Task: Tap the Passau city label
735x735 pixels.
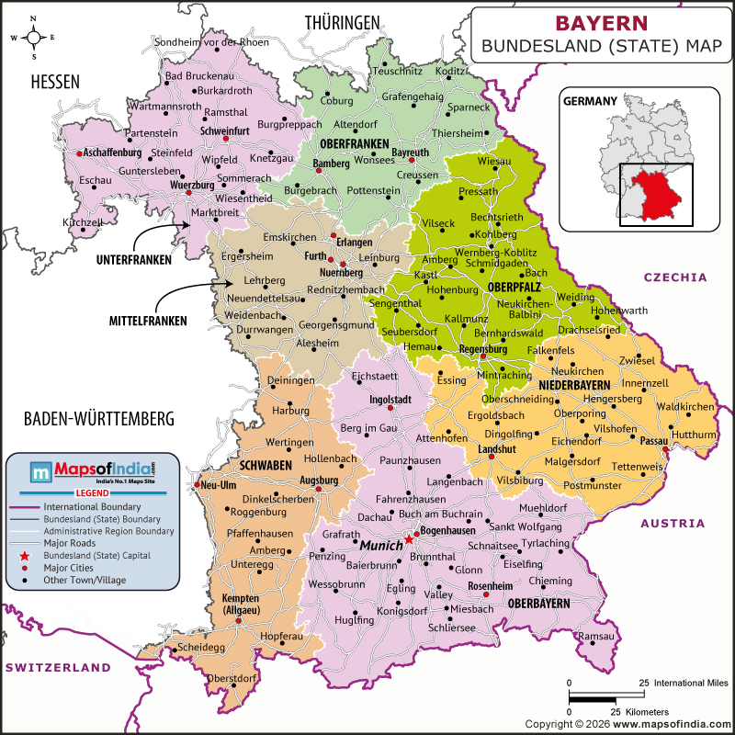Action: [652, 441]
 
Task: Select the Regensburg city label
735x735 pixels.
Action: [482, 349]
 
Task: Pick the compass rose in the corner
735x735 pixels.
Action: [34, 37]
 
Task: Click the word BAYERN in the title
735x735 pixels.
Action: [602, 22]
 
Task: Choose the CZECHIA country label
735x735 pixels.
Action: [675, 277]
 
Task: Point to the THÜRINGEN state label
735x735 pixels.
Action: [343, 21]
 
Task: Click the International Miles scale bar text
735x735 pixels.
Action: [691, 683]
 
